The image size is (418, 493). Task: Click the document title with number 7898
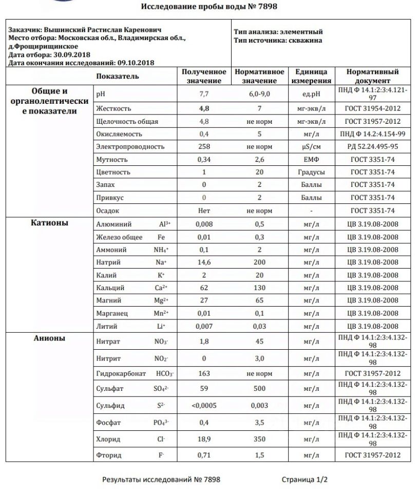click(x=209, y=7)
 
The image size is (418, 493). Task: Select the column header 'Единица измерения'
click(x=311, y=76)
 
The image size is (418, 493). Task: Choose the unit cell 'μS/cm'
click(x=311, y=147)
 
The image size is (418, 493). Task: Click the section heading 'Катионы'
click(x=50, y=223)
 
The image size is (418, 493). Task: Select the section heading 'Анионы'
click(x=50, y=338)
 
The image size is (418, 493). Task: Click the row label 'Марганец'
click(x=112, y=313)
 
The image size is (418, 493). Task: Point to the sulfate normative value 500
click(x=259, y=389)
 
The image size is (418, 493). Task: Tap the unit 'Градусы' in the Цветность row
click(x=311, y=172)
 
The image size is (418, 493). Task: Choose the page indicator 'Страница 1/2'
click(x=304, y=480)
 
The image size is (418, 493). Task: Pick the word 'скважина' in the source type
click(x=305, y=41)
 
